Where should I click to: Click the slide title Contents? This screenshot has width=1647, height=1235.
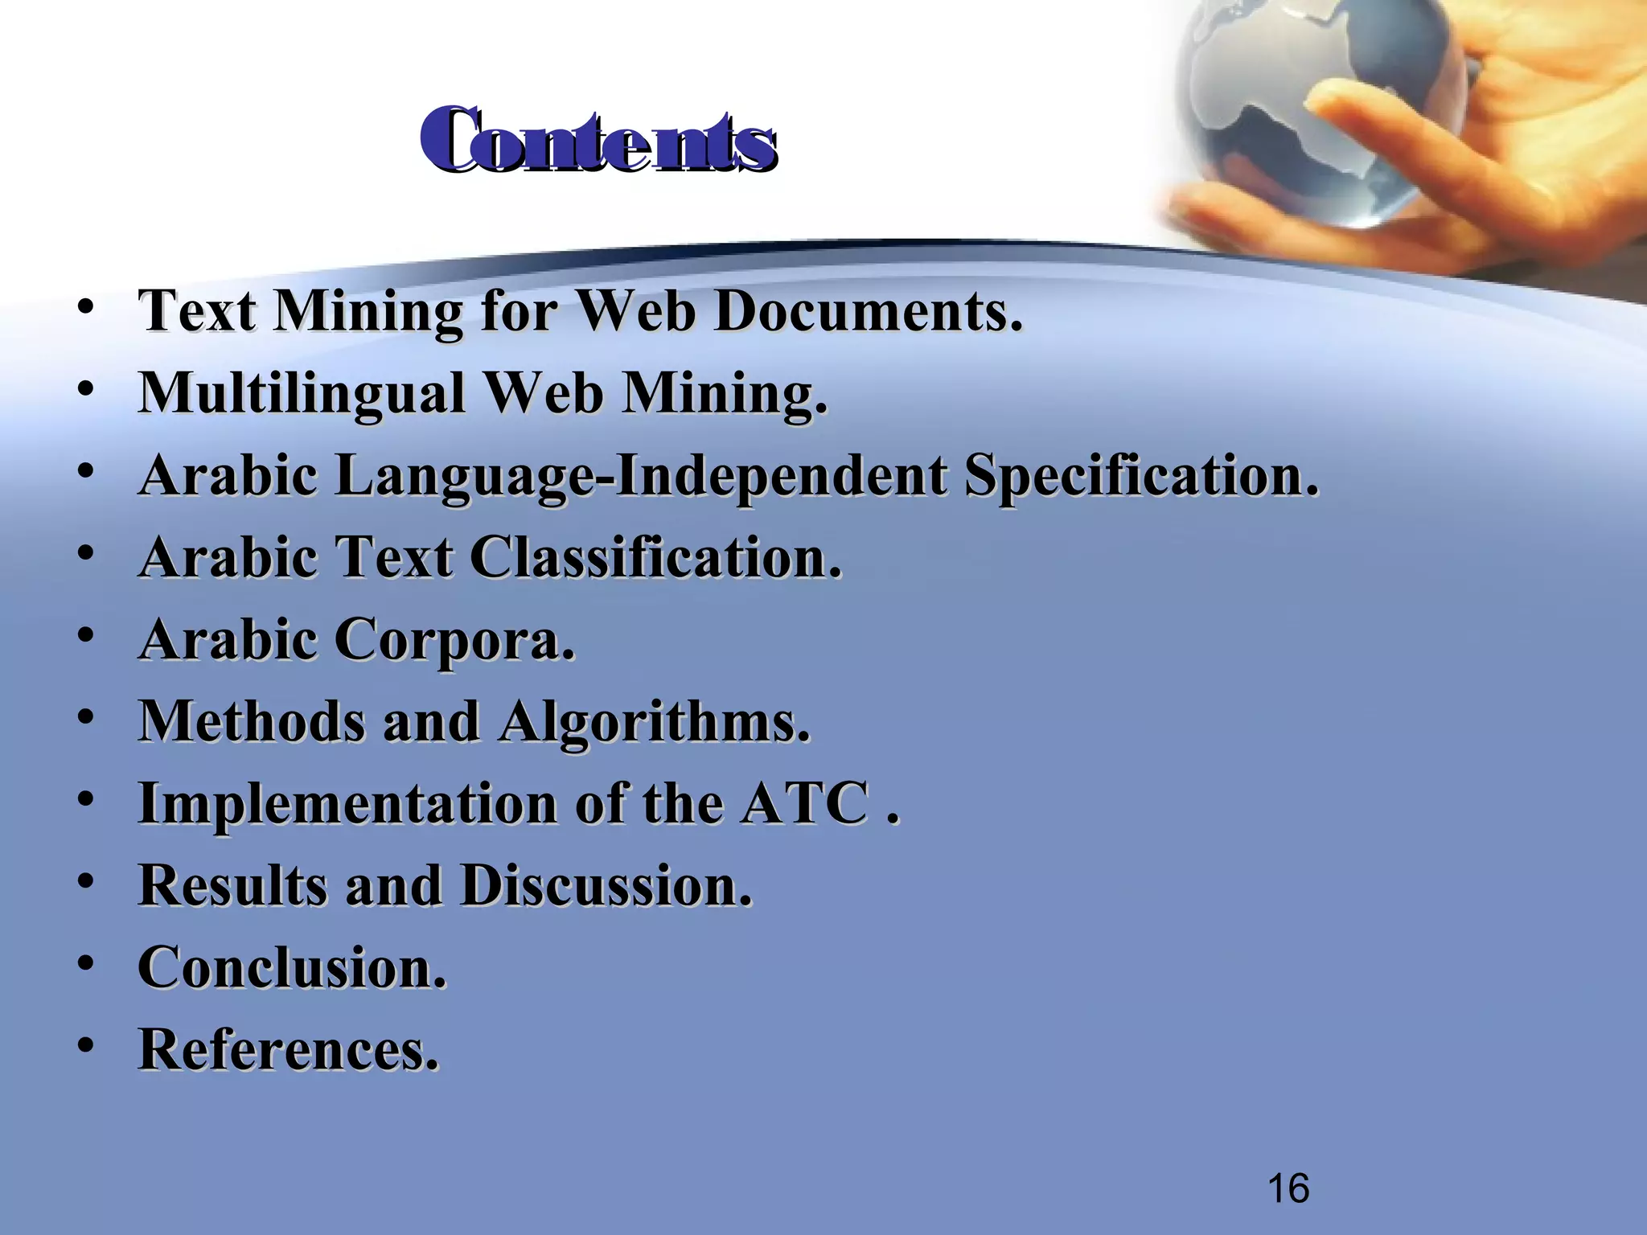click(x=598, y=142)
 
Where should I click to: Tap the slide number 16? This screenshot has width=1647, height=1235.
click(x=1288, y=1188)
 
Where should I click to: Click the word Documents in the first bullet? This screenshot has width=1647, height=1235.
click(x=869, y=311)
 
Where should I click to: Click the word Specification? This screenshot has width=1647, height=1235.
click(x=1142, y=476)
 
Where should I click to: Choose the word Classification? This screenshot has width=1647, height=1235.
click(x=656, y=557)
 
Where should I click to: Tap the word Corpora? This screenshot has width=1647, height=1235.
click(x=454, y=640)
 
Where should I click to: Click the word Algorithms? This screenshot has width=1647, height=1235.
click(x=655, y=722)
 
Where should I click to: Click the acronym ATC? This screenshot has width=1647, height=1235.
click(x=805, y=803)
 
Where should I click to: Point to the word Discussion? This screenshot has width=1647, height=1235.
click(x=606, y=886)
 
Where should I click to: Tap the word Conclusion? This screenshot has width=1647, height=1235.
click(x=292, y=967)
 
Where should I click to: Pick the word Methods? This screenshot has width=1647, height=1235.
click(x=253, y=721)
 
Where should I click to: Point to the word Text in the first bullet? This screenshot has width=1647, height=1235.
click(x=198, y=311)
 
